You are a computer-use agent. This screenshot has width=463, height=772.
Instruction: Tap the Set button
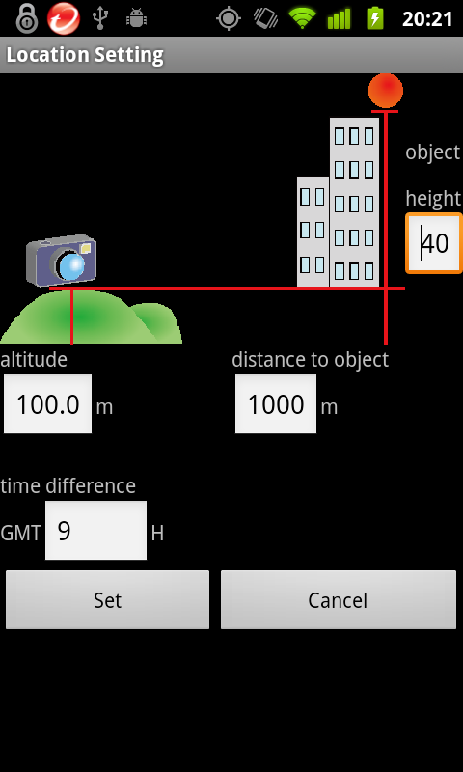(x=107, y=599)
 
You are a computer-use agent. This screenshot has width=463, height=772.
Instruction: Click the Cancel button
(x=338, y=599)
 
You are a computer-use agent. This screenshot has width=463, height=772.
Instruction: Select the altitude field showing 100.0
(x=47, y=404)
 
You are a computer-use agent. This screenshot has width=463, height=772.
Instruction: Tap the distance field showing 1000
(x=276, y=404)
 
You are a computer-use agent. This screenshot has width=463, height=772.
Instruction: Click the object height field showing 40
(x=434, y=243)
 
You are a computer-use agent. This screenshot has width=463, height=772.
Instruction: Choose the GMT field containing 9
(x=95, y=530)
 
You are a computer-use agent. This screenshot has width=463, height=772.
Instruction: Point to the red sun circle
(x=386, y=91)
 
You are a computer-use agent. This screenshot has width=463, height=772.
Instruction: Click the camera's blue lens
(x=72, y=264)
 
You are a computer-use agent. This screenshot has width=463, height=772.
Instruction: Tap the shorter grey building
(x=313, y=232)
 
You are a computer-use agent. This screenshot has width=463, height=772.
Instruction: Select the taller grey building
(x=354, y=202)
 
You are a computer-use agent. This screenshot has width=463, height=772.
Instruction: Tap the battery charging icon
(x=375, y=18)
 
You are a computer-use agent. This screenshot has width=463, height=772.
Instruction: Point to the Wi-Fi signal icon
(x=302, y=18)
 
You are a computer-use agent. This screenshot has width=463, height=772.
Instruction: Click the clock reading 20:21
(x=427, y=19)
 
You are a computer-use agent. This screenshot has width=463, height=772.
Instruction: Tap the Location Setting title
(x=85, y=55)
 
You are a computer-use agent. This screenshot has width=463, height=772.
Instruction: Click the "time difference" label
(x=68, y=486)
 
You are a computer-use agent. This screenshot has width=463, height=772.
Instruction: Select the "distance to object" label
(x=310, y=360)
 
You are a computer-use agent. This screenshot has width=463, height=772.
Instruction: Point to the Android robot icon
(x=136, y=18)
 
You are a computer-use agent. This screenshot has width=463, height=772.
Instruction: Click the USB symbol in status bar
(x=100, y=18)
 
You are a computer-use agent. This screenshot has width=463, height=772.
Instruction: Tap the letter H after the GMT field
(x=157, y=534)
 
